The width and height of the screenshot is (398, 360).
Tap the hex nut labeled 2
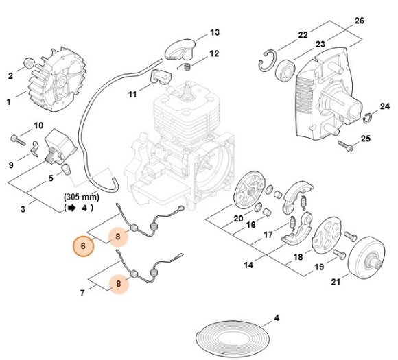[29, 62]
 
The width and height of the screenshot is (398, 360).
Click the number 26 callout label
[358, 21]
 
